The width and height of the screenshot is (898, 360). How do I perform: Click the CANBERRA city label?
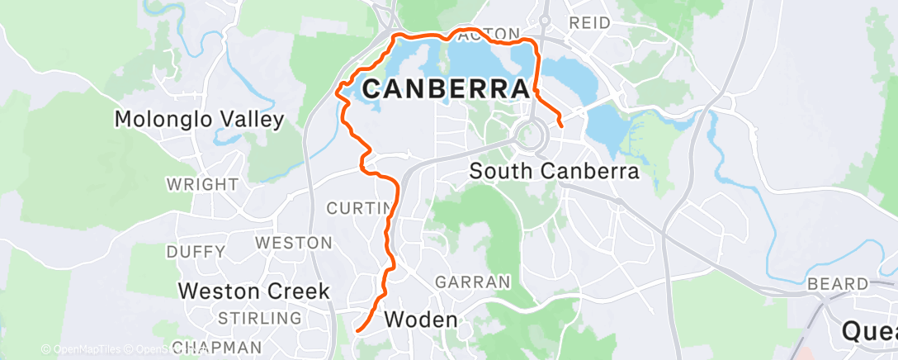click(446, 89)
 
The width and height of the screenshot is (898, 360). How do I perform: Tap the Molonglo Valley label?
click(198, 120)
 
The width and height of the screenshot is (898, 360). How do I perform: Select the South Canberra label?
click(554, 172)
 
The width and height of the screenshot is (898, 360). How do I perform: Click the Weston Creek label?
click(254, 291)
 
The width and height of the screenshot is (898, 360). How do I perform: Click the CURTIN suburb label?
click(356, 208)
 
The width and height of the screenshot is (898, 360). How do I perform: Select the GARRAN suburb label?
click(473, 282)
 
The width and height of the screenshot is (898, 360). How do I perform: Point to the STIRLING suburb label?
click(258, 318)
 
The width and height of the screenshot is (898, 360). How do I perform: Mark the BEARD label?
click(838, 284)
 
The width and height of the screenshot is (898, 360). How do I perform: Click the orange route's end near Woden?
click(357, 331)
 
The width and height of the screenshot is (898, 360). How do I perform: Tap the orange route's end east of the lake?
click(561, 126)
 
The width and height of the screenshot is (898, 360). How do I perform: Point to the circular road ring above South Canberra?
click(527, 134)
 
